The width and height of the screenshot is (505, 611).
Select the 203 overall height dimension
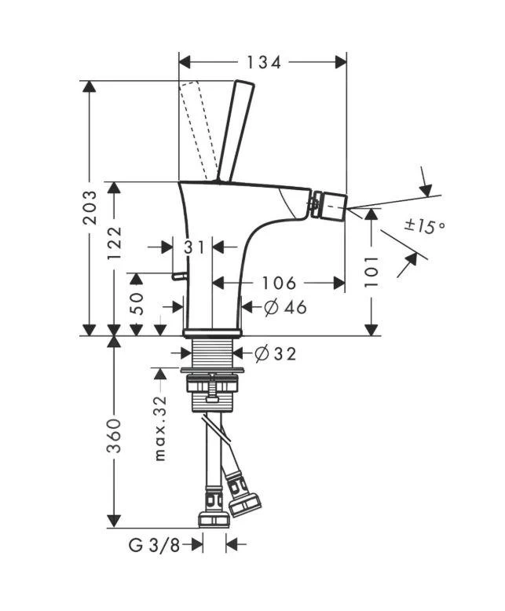tap(91, 207)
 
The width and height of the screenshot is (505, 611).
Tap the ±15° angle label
tap(424, 227)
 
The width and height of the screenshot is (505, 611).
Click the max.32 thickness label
tap(160, 427)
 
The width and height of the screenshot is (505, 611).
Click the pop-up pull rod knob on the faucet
tap(178, 276)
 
